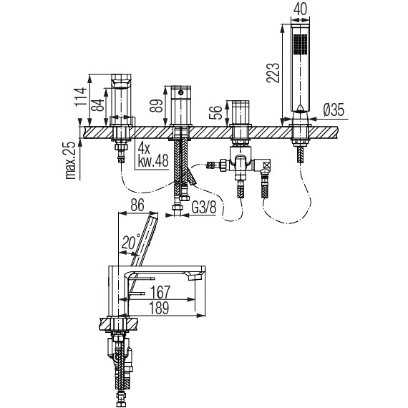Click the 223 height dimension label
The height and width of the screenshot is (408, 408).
273,72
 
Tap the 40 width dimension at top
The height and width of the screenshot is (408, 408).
300,9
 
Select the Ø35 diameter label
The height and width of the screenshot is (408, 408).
334,110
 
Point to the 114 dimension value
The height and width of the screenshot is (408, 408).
80,97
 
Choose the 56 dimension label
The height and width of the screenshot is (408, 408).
215,112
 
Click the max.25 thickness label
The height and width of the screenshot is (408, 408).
70,160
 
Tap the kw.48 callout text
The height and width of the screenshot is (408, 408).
153,162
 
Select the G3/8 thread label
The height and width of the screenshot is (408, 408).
204,208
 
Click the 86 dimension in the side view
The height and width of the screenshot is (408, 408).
137,205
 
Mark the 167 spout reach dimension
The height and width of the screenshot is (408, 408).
160,292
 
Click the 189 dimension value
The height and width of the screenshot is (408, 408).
159,308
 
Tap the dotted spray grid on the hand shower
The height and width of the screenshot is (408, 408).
300,44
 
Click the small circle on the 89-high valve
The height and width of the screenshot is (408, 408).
180,92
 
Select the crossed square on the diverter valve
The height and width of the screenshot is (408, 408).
266,165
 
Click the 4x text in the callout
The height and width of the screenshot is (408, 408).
144,149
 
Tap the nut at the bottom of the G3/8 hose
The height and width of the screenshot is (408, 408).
178,208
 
